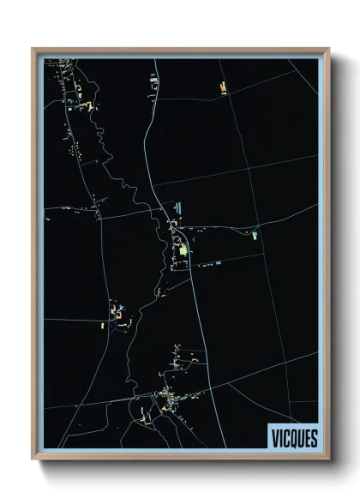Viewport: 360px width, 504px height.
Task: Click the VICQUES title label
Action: click(293, 438)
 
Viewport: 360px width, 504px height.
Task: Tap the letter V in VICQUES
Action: click(273, 438)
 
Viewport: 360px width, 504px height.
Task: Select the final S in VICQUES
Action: click(314, 438)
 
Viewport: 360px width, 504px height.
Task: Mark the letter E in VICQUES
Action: click(307, 438)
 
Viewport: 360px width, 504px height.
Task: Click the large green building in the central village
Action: click(183, 249)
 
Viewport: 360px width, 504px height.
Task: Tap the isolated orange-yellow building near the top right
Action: click(223, 87)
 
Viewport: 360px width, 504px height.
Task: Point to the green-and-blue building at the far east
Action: click(255, 233)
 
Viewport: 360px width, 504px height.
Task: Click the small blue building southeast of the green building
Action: click(219, 261)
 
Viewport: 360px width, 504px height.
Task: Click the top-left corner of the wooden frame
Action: click(33, 50)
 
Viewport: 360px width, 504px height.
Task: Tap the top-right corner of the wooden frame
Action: click(327, 50)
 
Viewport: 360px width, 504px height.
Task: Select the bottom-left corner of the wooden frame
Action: click(33, 459)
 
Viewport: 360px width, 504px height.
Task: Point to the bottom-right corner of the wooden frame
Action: click(327, 459)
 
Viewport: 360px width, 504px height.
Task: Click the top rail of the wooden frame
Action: click(180, 51)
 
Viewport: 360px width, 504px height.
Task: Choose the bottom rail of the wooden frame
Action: click(180, 458)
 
